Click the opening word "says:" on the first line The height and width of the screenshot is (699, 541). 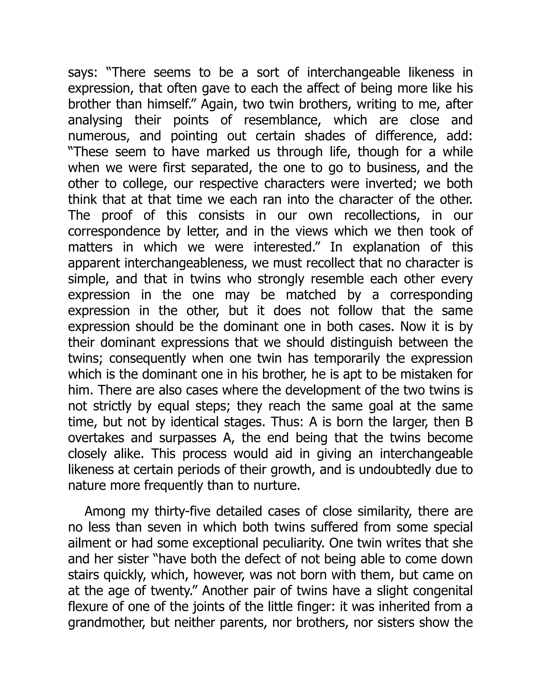point(82,73)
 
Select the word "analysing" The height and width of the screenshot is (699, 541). point(95,120)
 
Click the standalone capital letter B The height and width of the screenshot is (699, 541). point(469,422)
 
